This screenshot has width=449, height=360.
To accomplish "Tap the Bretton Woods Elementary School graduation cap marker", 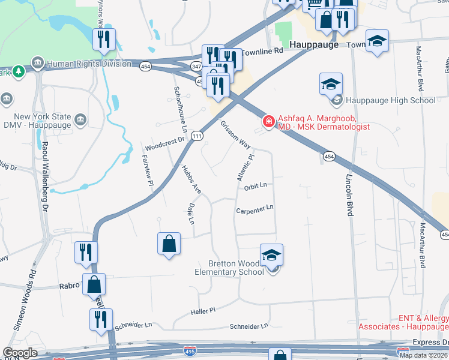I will (x=271, y=256).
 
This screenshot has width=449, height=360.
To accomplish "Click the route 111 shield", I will (x=197, y=137).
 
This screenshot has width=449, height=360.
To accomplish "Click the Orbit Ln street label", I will (x=255, y=187).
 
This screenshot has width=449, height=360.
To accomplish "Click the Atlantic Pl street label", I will (x=245, y=167).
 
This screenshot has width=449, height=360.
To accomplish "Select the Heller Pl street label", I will (x=203, y=311).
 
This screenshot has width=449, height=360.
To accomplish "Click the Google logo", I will (x=20, y=353).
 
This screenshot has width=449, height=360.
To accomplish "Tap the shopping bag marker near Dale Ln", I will (x=169, y=244).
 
